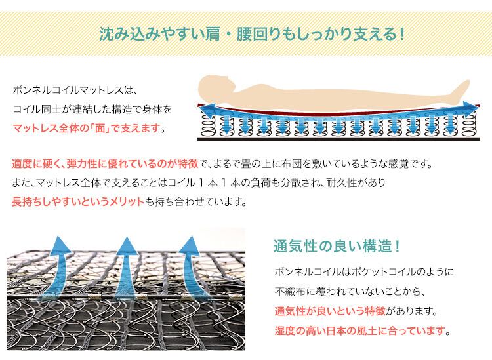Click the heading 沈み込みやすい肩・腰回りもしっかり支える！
coord(251,32)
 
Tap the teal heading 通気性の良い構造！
coord(337,247)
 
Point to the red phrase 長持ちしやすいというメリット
coord(78,202)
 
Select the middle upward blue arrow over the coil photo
coord(125,259)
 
